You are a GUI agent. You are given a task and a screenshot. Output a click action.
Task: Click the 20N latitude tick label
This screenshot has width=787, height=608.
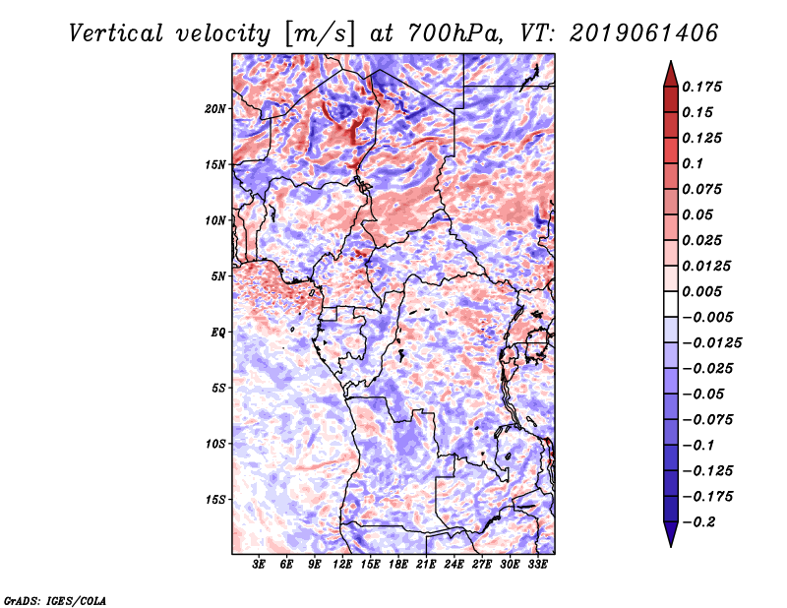214,108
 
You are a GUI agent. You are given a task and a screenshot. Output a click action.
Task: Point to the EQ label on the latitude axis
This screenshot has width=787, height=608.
217,332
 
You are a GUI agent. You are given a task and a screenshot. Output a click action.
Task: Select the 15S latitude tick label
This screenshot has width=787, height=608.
214,499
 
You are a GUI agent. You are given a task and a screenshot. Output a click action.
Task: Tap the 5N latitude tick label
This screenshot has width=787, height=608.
217,275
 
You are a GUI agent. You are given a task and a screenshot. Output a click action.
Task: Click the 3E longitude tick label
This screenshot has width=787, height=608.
260,564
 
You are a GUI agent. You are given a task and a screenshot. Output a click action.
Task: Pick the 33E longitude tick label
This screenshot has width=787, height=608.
538,564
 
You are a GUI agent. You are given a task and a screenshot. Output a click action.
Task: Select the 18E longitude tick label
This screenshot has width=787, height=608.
398,564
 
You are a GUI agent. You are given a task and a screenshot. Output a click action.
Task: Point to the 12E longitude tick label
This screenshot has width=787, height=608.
343,564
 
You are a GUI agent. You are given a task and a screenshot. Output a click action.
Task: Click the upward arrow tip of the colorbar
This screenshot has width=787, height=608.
669,65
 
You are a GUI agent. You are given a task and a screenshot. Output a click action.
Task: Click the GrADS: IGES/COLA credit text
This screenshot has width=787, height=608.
55,599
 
